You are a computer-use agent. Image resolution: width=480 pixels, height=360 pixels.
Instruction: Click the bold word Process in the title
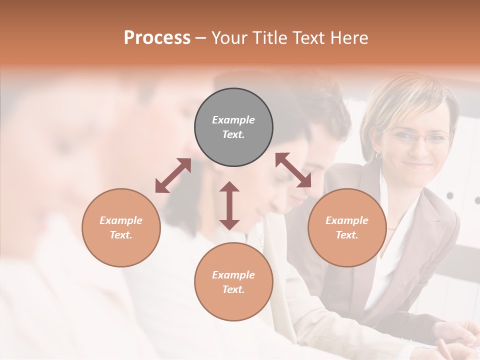point(157,37)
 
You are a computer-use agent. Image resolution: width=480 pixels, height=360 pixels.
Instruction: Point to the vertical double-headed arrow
point(229,205)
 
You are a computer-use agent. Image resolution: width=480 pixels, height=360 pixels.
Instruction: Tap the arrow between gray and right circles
point(293,170)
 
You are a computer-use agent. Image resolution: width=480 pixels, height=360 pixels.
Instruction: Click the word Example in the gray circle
point(233,120)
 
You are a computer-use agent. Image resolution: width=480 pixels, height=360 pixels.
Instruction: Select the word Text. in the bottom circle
point(233,289)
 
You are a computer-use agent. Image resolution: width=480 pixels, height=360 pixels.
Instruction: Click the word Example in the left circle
point(121,220)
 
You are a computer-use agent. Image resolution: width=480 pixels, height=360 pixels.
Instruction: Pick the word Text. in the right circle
point(347,235)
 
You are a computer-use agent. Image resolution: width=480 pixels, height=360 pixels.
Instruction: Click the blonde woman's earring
point(378,156)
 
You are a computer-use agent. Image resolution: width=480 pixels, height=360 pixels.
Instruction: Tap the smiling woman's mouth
point(418,164)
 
